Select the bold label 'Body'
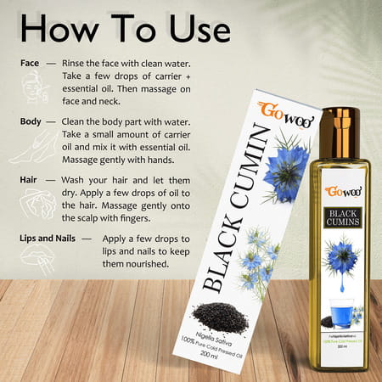32,121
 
